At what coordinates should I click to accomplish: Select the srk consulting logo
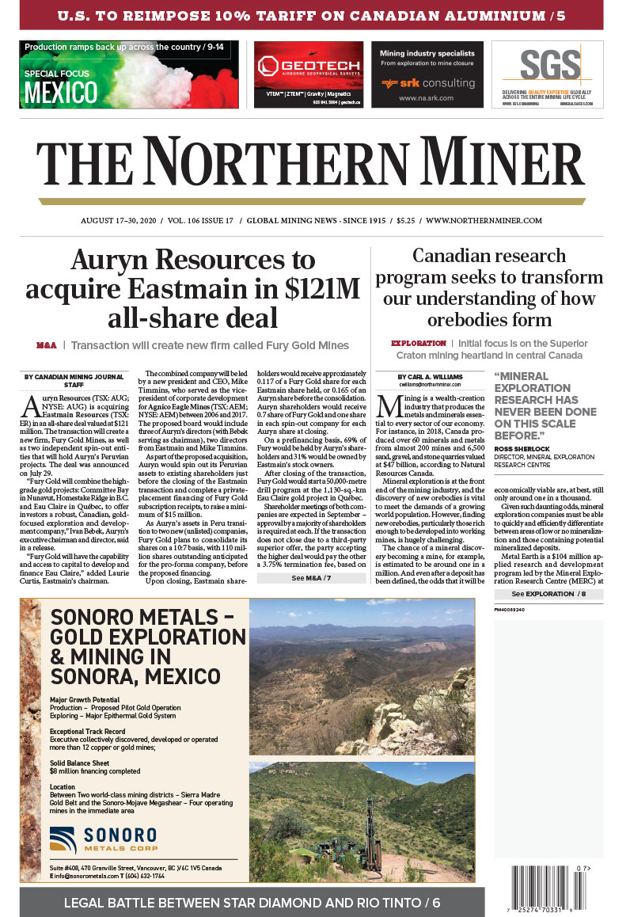click(x=427, y=82)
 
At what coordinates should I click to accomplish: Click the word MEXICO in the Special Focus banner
click(x=61, y=93)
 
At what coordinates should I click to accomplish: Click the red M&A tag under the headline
click(x=46, y=345)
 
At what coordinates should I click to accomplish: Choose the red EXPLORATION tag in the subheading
click(x=419, y=344)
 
